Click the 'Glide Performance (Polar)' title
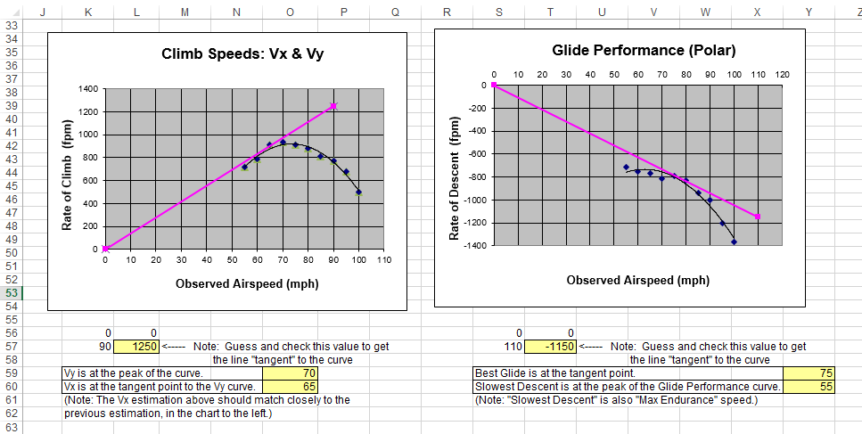pyautogui.click(x=631, y=50)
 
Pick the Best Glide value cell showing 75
pyautogui.click(x=808, y=373)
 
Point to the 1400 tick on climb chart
pyautogui.click(x=87, y=89)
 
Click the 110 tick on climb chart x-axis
pyautogui.click(x=384, y=260)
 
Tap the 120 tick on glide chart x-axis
pyautogui.click(x=782, y=74)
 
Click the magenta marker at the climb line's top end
pyautogui.click(x=333, y=106)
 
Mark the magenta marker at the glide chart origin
pyautogui.click(x=494, y=86)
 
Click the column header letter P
pyautogui.click(x=344, y=11)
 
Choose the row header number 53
pyautogui.click(x=12, y=292)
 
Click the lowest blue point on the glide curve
pyautogui.click(x=734, y=242)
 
